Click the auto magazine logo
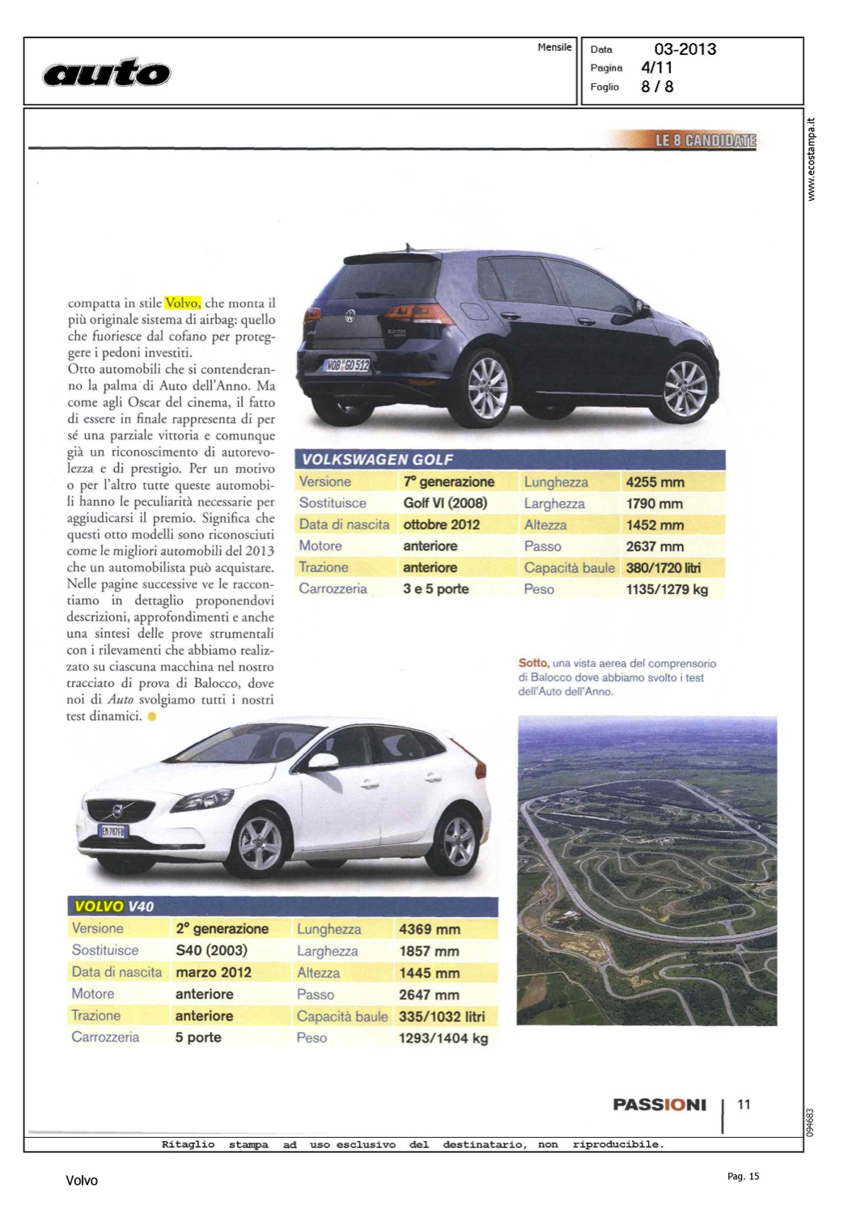[x=107, y=74]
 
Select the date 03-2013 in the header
[x=685, y=49]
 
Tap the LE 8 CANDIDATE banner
[x=705, y=141]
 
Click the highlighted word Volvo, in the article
[x=183, y=303]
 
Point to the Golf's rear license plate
[x=347, y=365]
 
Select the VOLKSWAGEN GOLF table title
[x=378, y=460]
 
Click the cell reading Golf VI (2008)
[x=445, y=503]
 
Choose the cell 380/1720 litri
[x=663, y=568]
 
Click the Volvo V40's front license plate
[x=112, y=831]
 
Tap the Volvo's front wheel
[x=260, y=844]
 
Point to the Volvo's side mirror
[x=322, y=761]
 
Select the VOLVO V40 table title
[x=114, y=906]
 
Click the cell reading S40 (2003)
[x=211, y=950]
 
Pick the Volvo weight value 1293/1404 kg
[x=443, y=1038]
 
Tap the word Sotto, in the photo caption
[x=532, y=664]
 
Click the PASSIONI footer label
[x=659, y=1106]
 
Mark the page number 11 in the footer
[x=744, y=1105]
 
